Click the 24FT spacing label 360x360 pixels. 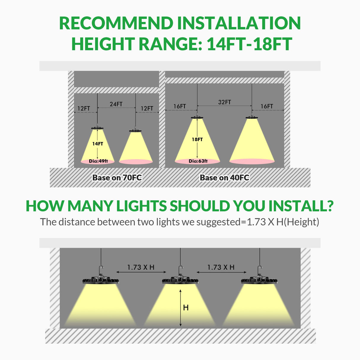point(116,104)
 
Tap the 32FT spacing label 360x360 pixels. point(224,102)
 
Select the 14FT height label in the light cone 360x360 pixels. point(98,144)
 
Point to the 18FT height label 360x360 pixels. point(197,139)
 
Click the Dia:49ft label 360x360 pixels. point(98,161)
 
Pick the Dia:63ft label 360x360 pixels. point(198,161)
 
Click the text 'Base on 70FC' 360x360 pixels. point(117,178)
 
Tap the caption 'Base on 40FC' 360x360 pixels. point(224,178)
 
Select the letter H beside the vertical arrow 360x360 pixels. point(186,308)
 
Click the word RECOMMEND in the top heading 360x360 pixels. point(116,23)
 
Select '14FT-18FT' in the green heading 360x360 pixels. point(249,44)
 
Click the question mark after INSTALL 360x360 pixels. point(329,206)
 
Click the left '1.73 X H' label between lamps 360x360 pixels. point(141,267)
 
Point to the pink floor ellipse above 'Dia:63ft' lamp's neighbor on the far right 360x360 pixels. point(252,161)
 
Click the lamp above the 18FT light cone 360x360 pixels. point(197,117)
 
